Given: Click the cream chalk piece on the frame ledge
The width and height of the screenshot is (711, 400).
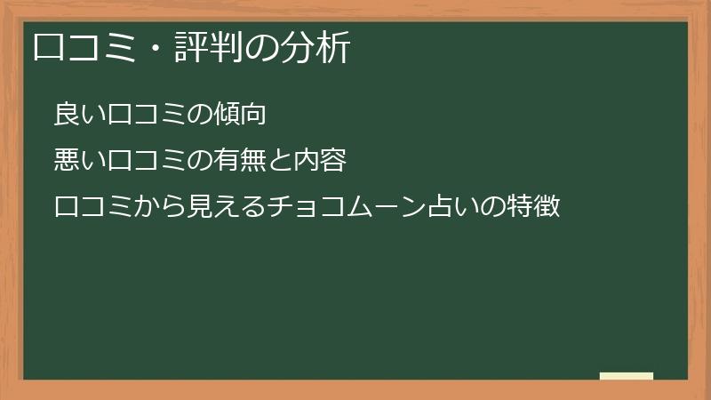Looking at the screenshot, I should (x=627, y=376).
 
